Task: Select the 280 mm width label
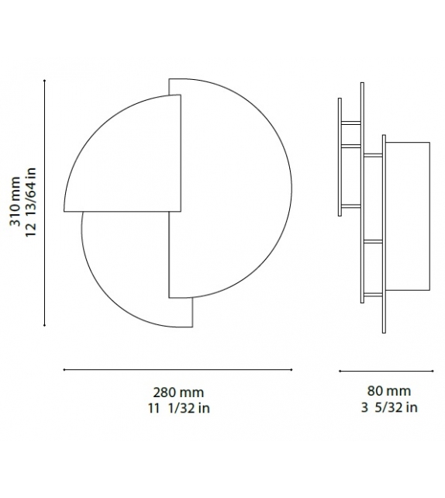coord(179,393)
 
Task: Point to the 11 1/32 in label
coord(179,408)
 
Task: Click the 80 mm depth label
coord(388,392)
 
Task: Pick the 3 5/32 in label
coord(388,407)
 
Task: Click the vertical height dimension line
coord(44,202)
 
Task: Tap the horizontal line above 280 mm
coord(178,370)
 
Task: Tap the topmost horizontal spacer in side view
coord(351,122)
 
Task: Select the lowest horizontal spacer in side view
coord(374,294)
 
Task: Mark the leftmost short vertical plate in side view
coord(340,155)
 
